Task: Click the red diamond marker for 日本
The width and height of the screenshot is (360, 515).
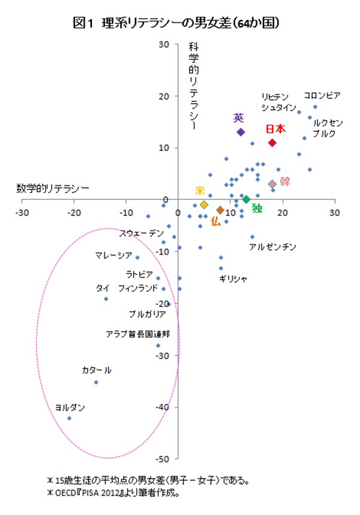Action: pyautogui.click(x=272, y=143)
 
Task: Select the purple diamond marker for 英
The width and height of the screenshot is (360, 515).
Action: pyautogui.click(x=241, y=132)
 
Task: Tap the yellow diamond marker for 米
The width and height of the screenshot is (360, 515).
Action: pyautogui.click(x=204, y=204)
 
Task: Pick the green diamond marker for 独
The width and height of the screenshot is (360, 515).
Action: pyautogui.click(x=246, y=199)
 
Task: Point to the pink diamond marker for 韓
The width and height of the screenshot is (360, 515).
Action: pyautogui.click(x=272, y=184)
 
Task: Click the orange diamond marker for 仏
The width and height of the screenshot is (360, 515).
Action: pyautogui.click(x=220, y=210)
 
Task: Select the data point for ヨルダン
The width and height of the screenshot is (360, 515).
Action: pyautogui.click(x=69, y=418)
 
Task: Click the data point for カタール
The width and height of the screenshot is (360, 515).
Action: pyautogui.click(x=95, y=383)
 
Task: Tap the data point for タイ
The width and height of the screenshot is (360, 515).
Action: pyautogui.click(x=106, y=299)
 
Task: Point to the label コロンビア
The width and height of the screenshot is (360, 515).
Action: pyautogui.click(x=322, y=95)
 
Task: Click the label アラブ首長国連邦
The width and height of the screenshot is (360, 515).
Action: pyautogui.click(x=142, y=333)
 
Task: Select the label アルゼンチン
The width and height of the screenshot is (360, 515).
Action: pyautogui.click(x=272, y=247)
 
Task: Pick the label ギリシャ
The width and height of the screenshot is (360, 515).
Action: pyautogui.click(x=233, y=279)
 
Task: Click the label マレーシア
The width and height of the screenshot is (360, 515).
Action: pyautogui.click(x=113, y=256)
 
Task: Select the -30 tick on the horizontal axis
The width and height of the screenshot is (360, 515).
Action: pyautogui.click(x=22, y=212)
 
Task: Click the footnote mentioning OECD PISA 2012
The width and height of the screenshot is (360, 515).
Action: pyautogui.click(x=113, y=495)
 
